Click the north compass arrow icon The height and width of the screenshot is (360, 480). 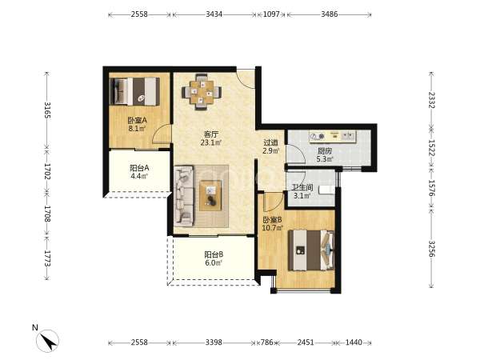(48, 341)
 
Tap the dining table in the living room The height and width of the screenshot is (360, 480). (202, 92)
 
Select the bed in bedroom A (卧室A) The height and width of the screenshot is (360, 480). (134, 91)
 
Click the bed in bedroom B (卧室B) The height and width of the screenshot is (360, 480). (311, 250)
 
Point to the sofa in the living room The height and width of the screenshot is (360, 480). (184, 196)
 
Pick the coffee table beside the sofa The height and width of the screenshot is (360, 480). (210, 195)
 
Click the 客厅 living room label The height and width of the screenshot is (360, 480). (211, 134)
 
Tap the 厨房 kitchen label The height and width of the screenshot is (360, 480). (325, 151)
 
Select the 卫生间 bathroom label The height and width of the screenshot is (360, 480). (302, 187)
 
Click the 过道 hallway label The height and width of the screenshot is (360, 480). (271, 142)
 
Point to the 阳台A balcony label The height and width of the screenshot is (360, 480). (139, 168)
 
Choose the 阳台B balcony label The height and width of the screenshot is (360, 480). (214, 254)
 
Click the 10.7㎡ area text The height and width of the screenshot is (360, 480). (273, 228)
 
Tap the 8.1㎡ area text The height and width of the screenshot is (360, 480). (137, 129)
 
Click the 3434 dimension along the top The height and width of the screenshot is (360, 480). (214, 14)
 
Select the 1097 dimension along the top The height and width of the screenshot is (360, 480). (271, 14)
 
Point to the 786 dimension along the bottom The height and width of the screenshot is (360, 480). (266, 342)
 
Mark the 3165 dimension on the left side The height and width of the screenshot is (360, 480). (47, 110)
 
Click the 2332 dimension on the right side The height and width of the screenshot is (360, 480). (431, 100)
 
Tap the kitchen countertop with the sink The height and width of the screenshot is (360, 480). (333, 136)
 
